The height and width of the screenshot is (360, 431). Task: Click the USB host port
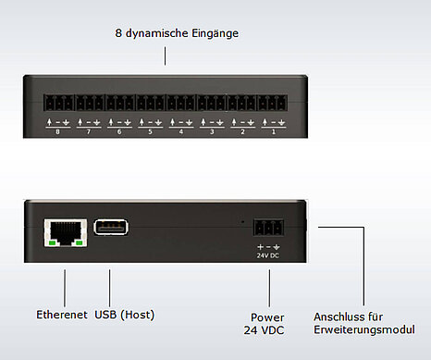(x=109, y=228)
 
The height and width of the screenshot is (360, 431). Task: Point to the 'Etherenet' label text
(x=61, y=314)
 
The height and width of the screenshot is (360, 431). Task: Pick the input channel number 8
(x=56, y=132)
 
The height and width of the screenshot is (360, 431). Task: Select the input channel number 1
(x=274, y=132)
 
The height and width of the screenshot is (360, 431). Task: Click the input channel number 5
(x=150, y=132)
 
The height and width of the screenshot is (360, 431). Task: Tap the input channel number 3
(x=212, y=132)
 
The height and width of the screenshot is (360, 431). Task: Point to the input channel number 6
(x=118, y=132)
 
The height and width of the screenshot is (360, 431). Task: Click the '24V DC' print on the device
(x=268, y=255)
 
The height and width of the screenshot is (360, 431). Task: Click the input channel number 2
(x=243, y=132)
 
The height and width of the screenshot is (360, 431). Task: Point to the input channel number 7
(x=88, y=132)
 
